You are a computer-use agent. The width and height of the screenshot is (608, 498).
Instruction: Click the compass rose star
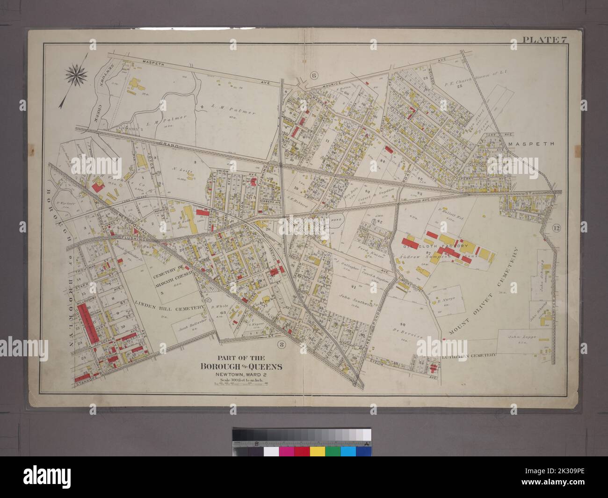(74, 74)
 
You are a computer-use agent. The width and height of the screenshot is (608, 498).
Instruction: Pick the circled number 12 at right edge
(556, 228)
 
